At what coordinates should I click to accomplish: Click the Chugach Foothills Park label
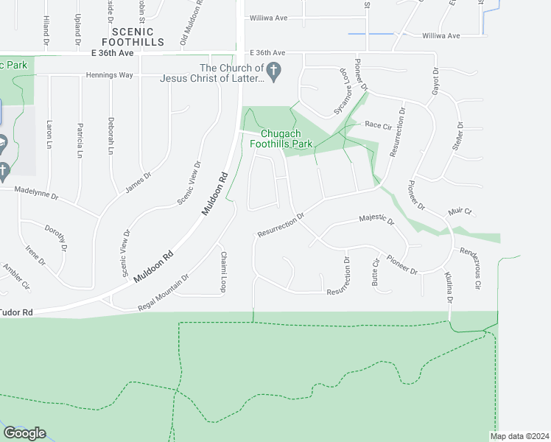coord(287,139)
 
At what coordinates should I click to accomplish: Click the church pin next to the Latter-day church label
coord(274,72)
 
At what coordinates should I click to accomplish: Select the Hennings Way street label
coord(109,75)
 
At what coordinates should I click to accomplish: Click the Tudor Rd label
coord(17,312)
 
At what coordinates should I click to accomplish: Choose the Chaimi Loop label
coord(223,273)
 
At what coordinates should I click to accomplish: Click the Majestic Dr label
coord(376,220)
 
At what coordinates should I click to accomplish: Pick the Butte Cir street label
coord(376,273)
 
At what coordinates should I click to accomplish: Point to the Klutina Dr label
coord(449,287)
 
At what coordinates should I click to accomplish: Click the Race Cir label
coord(378,125)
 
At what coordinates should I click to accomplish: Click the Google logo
coord(24,433)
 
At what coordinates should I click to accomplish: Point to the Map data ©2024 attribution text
coord(517,436)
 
